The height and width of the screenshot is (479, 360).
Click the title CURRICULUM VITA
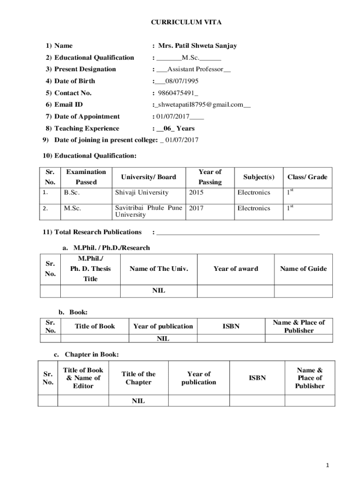tap(180, 22)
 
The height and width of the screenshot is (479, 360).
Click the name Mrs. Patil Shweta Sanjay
tap(197, 46)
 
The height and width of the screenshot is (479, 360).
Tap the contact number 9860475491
tap(176, 93)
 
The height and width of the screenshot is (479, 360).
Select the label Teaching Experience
tap(86, 128)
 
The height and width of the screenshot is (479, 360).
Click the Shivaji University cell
tap(142, 192)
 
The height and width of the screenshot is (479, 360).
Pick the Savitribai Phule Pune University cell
tap(148, 211)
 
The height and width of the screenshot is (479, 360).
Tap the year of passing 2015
tap(196, 192)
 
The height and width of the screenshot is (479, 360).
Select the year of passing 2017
tap(196, 208)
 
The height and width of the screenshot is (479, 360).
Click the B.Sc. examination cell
tap(72, 192)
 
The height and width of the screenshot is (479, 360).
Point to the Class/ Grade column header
tap(307, 177)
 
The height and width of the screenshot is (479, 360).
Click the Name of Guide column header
tap(303, 269)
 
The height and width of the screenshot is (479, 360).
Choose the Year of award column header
tap(236, 269)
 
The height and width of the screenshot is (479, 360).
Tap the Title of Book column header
tap(95, 326)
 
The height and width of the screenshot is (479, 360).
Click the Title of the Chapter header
tap(138, 378)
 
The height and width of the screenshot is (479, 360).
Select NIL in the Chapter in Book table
tap(138, 401)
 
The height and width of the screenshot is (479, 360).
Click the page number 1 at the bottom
tap(329, 465)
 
